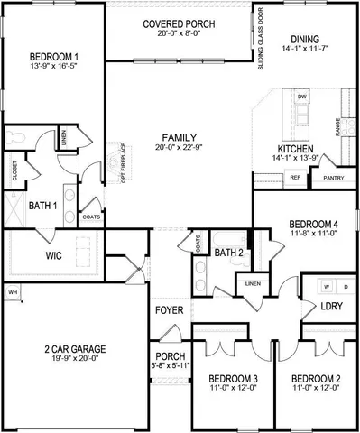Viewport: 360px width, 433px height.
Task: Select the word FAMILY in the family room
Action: point(180,135)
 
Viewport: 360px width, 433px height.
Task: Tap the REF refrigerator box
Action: point(294,178)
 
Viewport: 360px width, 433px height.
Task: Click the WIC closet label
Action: point(28,255)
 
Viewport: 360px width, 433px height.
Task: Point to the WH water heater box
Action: point(13,292)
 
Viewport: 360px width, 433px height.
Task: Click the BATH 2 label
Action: point(229,253)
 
